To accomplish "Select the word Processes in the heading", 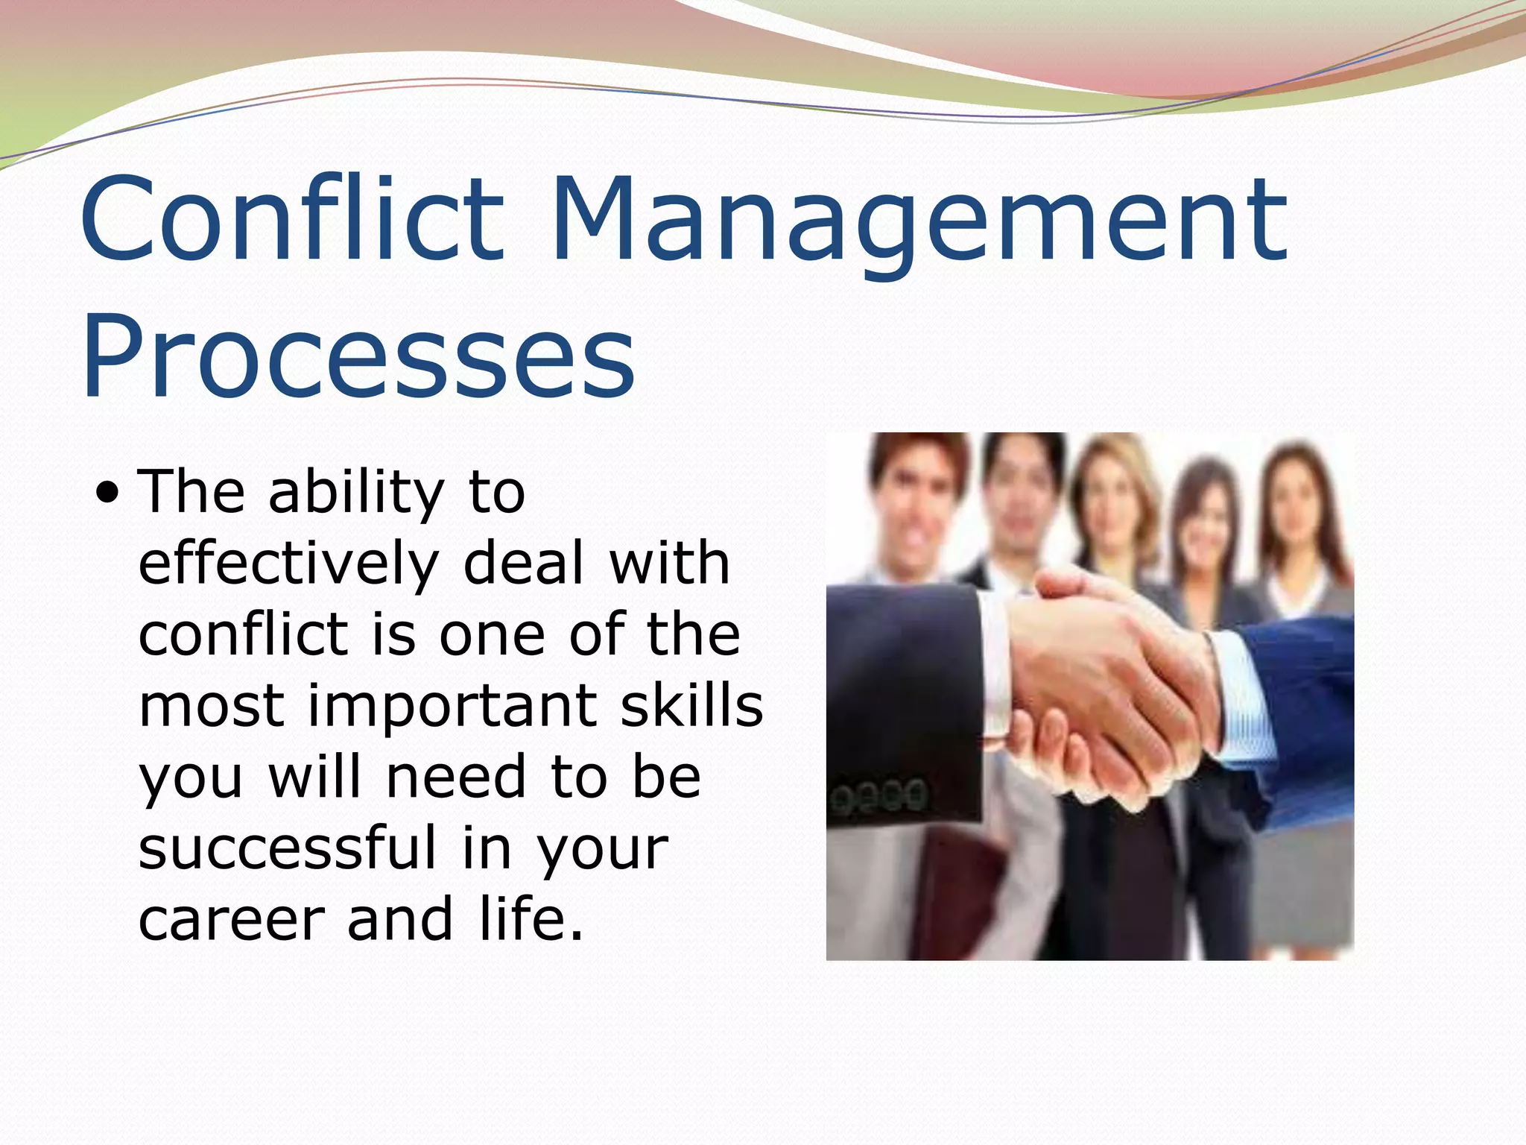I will tap(358, 358).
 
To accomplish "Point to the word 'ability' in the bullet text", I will tap(356, 493).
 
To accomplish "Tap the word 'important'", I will tap(452, 707).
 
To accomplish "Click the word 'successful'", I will tap(288, 848).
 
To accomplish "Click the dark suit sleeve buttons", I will tap(879, 795).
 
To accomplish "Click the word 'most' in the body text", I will tap(211, 707).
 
